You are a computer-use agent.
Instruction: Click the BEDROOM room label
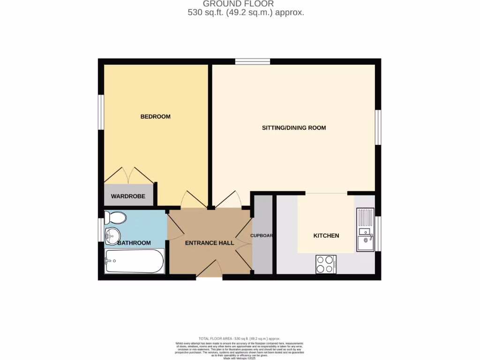click(155, 116)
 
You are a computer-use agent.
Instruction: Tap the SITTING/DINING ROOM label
click(293, 127)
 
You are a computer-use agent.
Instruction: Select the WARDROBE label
click(128, 196)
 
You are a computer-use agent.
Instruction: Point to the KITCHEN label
click(326, 235)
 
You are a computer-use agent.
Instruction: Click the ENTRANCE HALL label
click(210, 243)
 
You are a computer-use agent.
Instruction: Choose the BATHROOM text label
click(134, 243)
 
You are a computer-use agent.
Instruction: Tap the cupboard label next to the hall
click(262, 235)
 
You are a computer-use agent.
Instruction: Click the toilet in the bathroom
click(115, 218)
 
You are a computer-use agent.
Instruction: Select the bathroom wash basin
click(112, 235)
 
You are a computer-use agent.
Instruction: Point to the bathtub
click(134, 261)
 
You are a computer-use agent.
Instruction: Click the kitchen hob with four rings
click(326, 264)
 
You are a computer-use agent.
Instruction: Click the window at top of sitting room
click(253, 61)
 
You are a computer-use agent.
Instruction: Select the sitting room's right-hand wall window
click(378, 127)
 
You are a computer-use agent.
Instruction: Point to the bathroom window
click(101, 230)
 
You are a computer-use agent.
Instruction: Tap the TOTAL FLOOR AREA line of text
click(240, 338)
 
